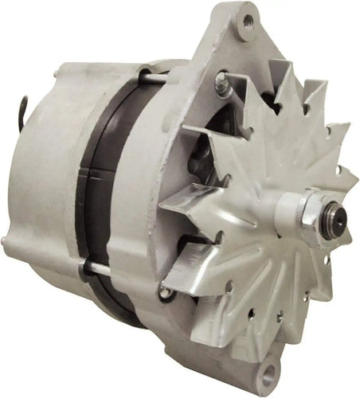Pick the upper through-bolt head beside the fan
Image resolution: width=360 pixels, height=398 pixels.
[221, 78]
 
